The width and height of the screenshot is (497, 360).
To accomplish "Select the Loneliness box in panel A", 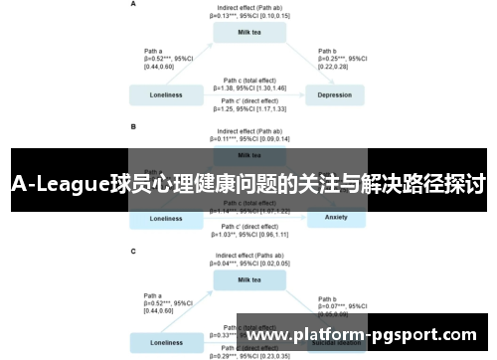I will [166, 95].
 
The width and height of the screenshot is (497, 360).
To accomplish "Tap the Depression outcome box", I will [334, 95].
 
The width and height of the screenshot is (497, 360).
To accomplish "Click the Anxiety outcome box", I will [334, 218].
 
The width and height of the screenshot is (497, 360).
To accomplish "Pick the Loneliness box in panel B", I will [166, 218].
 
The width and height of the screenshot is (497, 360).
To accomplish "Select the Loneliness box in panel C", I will [166, 342].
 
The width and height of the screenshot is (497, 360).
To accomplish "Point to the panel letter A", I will [134, 5].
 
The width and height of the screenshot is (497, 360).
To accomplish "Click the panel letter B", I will [134, 127].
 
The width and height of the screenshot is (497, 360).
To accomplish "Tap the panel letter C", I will [134, 252].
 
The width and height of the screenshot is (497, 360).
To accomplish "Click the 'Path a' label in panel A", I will [154, 50].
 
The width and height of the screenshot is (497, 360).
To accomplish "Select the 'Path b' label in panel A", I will [328, 50].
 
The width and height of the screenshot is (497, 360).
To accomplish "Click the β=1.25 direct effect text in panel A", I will [250, 108].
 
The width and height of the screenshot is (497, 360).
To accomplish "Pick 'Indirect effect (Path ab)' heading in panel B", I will [250, 131].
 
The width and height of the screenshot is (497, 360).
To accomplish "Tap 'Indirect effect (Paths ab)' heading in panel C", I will [250, 256].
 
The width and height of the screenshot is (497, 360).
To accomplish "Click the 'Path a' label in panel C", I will [154, 294].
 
